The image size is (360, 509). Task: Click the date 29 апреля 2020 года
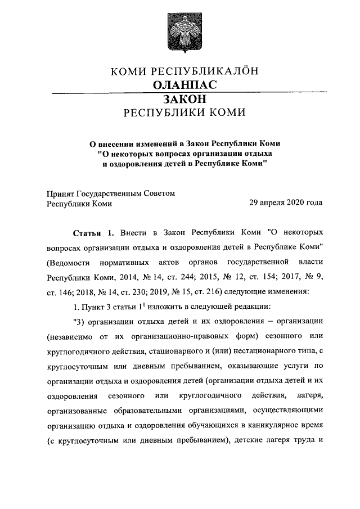pyautogui.click(x=286, y=204)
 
